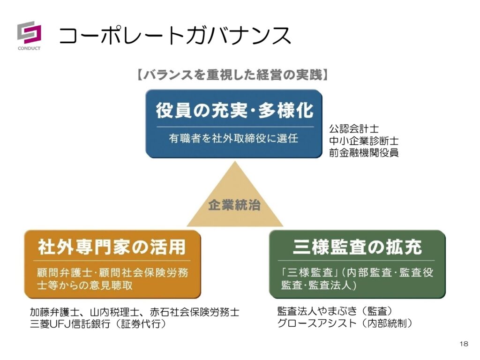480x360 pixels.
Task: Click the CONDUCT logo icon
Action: tap(29, 32)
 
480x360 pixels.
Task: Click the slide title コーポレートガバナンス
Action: tap(175, 36)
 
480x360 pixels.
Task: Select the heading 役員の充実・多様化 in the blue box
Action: tap(234, 111)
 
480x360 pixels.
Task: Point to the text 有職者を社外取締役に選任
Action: tap(233, 138)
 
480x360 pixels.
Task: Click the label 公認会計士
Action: tap(354, 128)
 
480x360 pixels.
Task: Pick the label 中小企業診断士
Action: tap(364, 141)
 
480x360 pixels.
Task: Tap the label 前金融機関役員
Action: tap(364, 153)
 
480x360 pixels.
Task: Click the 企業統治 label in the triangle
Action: tap(234, 205)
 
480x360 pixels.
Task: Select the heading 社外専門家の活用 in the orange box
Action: tap(112, 247)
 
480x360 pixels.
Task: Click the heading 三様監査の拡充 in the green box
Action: tap(357, 247)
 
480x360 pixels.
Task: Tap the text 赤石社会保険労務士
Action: tap(195, 312)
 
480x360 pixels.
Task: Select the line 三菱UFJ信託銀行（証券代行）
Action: tap(98, 324)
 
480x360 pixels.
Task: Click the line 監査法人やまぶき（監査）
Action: tap(335, 311)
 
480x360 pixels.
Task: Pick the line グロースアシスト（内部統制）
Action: tap(345, 323)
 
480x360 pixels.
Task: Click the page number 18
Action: tap(464, 344)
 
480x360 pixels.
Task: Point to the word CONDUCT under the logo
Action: tap(29, 48)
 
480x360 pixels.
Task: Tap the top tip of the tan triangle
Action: tap(235, 162)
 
